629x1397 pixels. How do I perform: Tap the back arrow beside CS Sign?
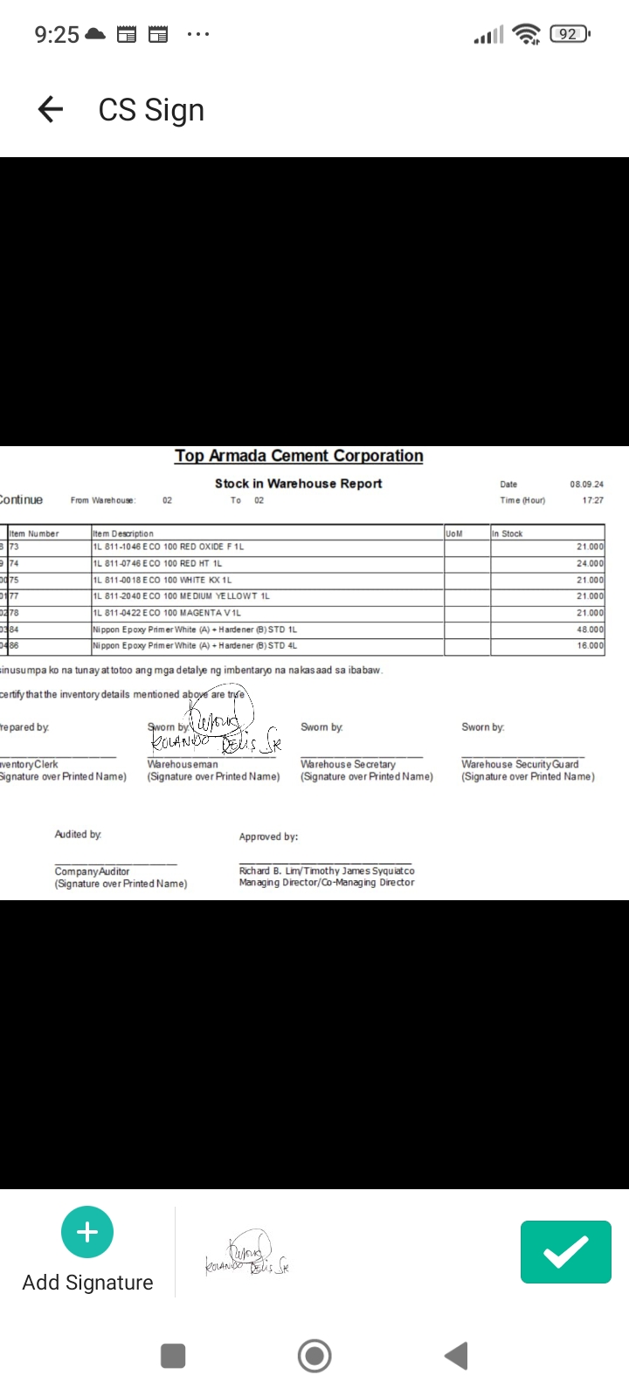point(51,109)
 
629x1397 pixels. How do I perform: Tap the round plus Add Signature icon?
point(87,1232)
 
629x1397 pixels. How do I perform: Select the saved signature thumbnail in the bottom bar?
point(247,1254)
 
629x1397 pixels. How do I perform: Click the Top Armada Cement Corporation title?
point(299,456)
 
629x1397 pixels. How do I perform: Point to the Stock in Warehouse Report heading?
point(299,484)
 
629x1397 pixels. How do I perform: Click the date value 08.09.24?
point(586,484)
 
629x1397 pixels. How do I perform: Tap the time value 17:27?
point(592,500)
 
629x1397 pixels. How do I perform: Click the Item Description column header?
point(123,533)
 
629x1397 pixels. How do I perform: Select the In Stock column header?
point(508,533)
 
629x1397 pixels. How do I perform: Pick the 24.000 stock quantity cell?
point(590,563)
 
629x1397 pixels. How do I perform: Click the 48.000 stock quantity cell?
point(590,630)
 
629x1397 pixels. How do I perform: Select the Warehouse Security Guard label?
point(520,764)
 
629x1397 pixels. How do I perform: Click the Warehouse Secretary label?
point(348,764)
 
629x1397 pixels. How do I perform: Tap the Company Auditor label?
point(92,871)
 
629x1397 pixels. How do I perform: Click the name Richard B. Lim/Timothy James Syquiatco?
point(327,871)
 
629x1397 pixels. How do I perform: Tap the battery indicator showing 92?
point(570,34)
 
